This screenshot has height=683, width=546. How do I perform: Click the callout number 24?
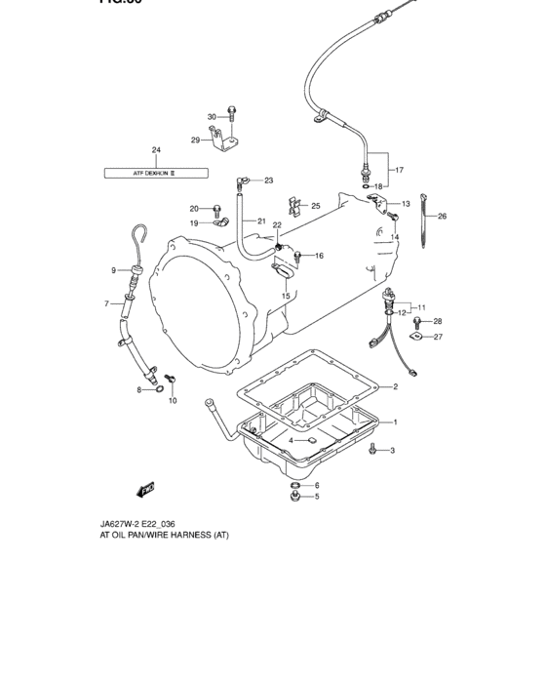(x=155, y=149)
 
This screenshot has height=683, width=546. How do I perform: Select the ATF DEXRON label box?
(x=156, y=173)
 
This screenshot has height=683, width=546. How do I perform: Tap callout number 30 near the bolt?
(x=212, y=117)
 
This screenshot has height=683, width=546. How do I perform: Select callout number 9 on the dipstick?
(x=113, y=270)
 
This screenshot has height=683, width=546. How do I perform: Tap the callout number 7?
(x=106, y=304)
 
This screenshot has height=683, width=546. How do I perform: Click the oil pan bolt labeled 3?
(x=373, y=450)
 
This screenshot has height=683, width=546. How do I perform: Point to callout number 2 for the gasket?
(x=395, y=387)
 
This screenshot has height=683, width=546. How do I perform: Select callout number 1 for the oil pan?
(x=395, y=422)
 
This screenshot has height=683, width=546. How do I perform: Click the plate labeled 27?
(x=415, y=339)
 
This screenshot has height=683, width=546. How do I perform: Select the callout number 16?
(x=318, y=256)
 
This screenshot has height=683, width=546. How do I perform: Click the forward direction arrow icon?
(x=146, y=488)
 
